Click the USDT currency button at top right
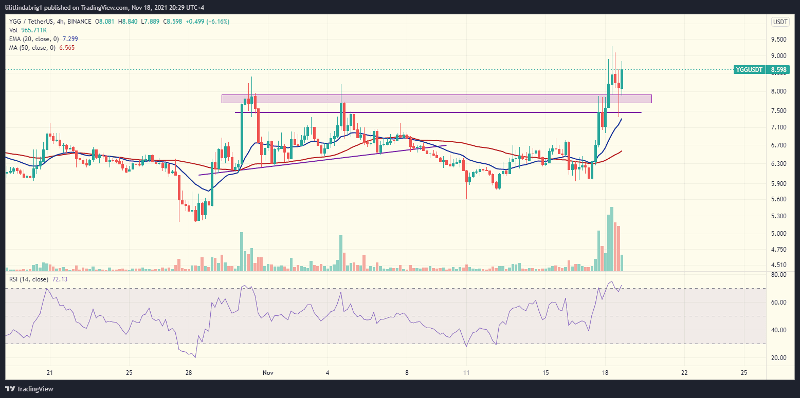click(x=780, y=22)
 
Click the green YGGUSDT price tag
click(x=750, y=70)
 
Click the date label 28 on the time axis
click(x=189, y=372)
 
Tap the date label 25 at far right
click(x=743, y=372)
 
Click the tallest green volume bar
click(x=611, y=239)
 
